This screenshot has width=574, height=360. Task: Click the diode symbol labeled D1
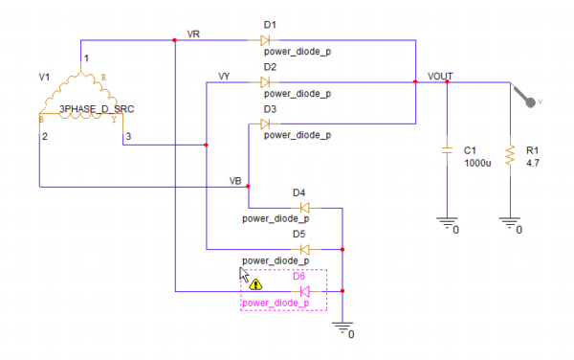point(265,40)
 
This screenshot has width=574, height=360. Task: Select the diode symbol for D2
point(265,82)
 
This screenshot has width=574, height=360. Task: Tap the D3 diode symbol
point(265,124)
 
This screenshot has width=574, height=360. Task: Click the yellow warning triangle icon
point(255,284)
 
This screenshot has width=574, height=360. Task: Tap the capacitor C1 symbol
point(446,150)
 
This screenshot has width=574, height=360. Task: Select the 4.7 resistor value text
point(534,164)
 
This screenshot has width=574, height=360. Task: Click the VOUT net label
point(440,76)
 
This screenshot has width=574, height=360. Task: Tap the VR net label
point(194,34)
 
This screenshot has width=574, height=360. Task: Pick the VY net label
point(224,75)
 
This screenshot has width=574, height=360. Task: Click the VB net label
point(235,180)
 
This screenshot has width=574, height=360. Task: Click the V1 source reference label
point(42,74)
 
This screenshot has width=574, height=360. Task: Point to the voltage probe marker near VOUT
point(525,94)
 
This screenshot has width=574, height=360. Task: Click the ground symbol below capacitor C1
point(446,224)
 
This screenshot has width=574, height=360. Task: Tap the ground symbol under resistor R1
point(510,224)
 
